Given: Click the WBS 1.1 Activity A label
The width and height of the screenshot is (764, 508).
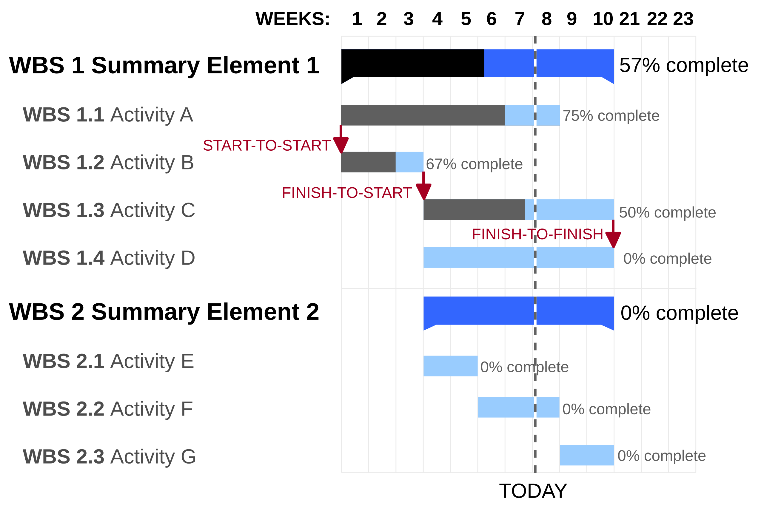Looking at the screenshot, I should (x=108, y=115).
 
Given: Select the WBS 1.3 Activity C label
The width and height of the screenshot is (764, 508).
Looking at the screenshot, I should (x=109, y=210).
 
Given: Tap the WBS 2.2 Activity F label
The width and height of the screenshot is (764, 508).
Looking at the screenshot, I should (x=108, y=409).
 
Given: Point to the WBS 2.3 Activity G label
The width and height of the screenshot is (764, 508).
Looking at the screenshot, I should (x=109, y=456).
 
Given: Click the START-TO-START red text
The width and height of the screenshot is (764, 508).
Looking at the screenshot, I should (x=267, y=146).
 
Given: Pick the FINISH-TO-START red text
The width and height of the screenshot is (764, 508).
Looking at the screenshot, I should (x=347, y=193).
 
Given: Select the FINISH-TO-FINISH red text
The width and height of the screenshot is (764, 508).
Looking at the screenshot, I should (x=537, y=234).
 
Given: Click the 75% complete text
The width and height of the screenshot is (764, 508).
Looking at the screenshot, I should (x=611, y=116).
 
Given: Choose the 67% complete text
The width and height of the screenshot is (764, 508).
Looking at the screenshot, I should (x=474, y=164).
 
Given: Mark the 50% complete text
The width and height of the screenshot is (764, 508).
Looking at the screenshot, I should (x=667, y=212).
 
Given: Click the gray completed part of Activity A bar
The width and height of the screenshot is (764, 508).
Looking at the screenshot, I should (x=422, y=115).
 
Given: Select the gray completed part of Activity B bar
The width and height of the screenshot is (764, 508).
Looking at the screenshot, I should (x=368, y=162).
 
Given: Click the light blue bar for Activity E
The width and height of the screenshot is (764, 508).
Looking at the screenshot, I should (x=450, y=366).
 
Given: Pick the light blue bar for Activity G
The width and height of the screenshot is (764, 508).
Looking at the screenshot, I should (x=586, y=455).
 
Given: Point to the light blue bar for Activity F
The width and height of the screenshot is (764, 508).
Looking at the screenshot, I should (x=518, y=407).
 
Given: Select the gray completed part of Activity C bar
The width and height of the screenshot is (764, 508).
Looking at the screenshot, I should (x=474, y=210).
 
